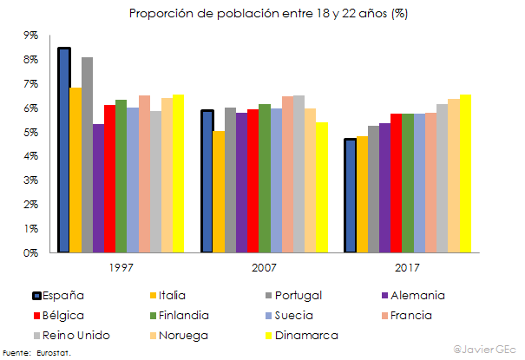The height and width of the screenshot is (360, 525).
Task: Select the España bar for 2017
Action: coord(350,195)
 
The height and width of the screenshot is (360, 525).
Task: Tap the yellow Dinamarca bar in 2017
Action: coord(464,173)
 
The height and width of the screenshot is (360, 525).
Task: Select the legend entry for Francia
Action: coord(416,315)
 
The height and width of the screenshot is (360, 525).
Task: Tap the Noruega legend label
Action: coord(181,334)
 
